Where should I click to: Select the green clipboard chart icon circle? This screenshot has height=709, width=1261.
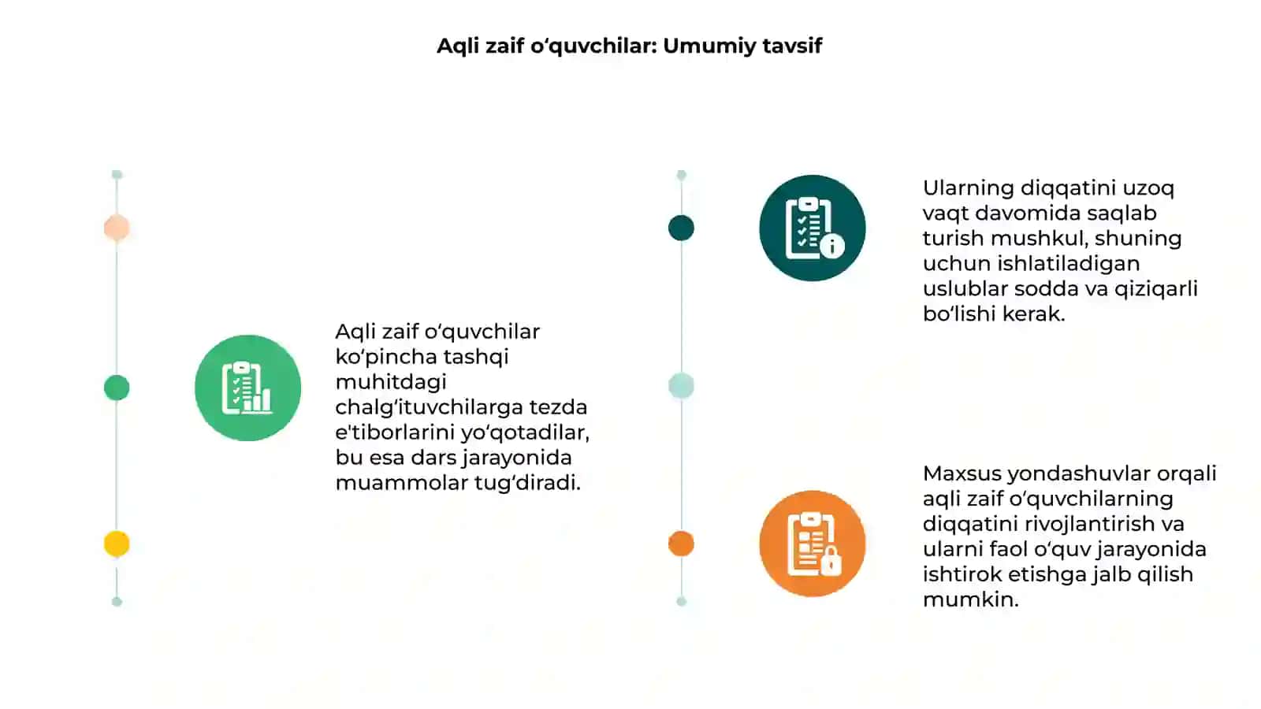point(247,388)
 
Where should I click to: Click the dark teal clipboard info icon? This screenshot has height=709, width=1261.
point(813,228)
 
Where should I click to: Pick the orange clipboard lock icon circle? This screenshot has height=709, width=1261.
point(813,544)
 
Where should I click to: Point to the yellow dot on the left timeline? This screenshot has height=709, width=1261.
point(117,544)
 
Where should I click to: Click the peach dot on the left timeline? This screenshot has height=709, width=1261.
point(117,228)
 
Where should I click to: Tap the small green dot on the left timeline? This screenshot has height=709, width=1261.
point(117,388)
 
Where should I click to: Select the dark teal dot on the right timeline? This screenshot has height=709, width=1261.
point(681,228)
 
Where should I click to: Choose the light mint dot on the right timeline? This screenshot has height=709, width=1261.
point(681,386)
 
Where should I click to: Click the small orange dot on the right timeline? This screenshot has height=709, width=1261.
point(681,544)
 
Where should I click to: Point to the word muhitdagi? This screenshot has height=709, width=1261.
point(391,383)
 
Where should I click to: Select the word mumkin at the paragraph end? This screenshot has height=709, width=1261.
point(970,599)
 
